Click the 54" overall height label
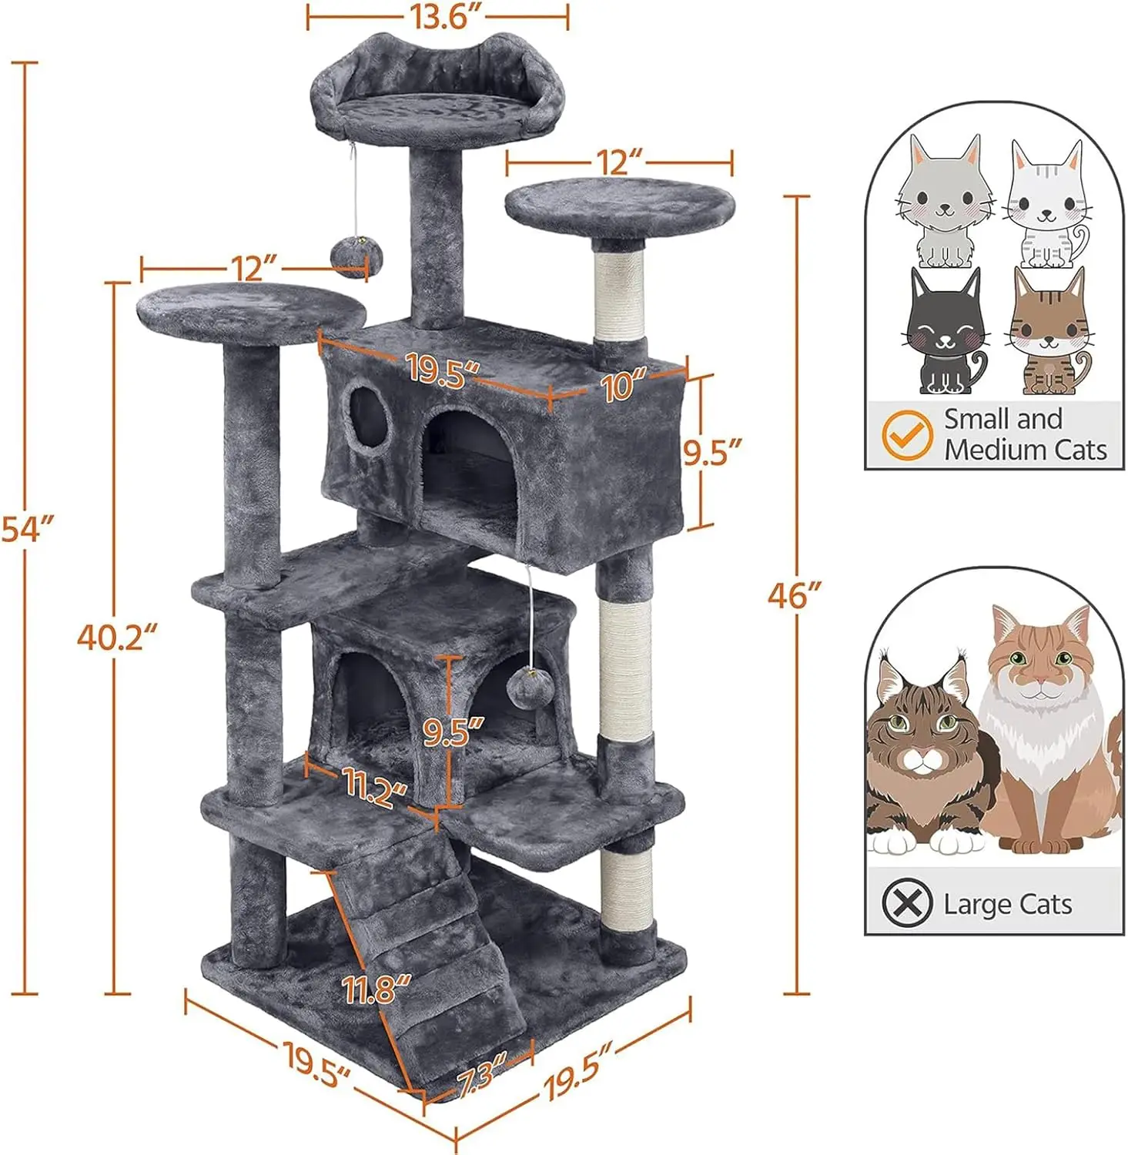click(28, 529)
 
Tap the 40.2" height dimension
click(117, 637)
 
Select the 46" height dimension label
click(795, 595)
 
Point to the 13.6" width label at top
click(438, 16)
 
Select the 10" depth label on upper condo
click(624, 383)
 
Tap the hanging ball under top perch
click(350, 256)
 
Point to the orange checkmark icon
click(906, 435)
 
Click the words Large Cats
click(1007, 903)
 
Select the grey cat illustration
click(944, 202)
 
